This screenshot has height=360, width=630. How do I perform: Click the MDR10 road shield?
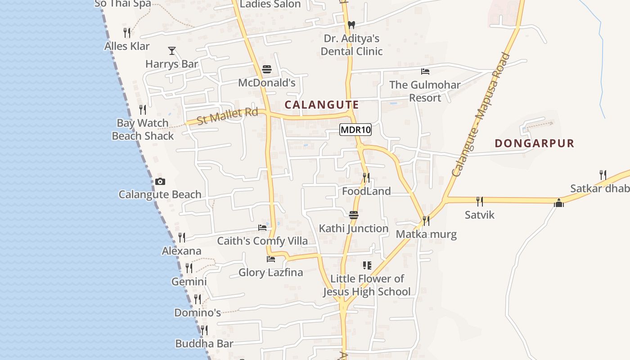point(355,130)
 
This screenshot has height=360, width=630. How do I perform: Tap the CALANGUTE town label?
point(322,105)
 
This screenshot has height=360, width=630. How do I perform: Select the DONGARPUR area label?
point(534,144)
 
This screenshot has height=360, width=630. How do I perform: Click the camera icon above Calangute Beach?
point(160,182)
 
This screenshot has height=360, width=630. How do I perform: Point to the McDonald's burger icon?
point(267,69)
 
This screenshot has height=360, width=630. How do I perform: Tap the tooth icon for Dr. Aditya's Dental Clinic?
point(351,25)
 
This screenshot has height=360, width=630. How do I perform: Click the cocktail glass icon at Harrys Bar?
point(171,50)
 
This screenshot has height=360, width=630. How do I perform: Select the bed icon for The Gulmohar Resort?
point(425,72)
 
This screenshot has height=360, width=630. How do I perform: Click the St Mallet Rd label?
point(227,117)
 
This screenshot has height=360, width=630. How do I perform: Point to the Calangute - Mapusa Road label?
point(481,115)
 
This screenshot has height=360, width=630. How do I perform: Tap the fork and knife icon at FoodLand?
point(366,178)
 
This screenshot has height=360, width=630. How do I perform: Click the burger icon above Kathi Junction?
point(354,215)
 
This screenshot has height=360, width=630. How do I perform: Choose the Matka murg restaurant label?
point(426,234)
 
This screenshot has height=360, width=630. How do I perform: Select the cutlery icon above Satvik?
point(480,201)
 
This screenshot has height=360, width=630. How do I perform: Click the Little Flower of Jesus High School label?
point(367,285)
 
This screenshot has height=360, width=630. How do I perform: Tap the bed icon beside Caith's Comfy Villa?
point(262,228)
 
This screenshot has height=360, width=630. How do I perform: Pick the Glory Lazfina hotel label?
point(270,272)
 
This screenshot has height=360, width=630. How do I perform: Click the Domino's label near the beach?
point(197,312)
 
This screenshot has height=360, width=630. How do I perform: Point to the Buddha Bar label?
point(204,344)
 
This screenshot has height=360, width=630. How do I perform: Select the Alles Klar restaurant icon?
point(127,32)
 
